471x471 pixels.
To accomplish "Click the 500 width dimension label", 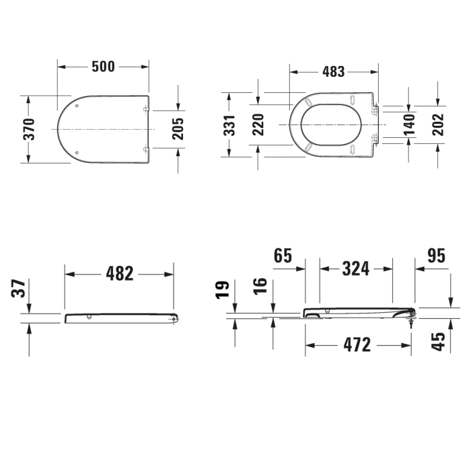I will pos(103,66).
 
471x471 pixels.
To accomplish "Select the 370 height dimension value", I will pos(29,129).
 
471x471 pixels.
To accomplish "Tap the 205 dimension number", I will pos(178,129).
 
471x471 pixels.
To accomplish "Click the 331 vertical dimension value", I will pos(230,125).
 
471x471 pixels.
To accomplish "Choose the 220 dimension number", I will pos(258,125).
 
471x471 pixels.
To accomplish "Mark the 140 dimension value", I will pos(408,125).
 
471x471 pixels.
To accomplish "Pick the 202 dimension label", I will pos(438,125).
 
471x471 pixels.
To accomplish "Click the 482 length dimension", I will pos(120,273).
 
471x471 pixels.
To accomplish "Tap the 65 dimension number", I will pos(283,256).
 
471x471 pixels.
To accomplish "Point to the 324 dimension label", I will pos(355,268).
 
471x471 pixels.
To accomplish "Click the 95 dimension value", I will pos(437,256).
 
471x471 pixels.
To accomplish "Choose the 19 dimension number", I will pos(223,289).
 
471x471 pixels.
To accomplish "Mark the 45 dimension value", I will pos(438,340).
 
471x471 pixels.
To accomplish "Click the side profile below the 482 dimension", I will pos(121,317).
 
